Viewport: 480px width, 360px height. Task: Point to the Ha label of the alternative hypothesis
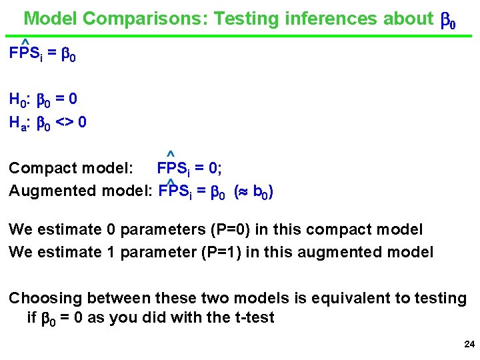coord(17,123)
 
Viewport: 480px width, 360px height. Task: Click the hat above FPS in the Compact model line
coord(171,155)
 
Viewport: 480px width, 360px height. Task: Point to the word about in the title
coord(406,19)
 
